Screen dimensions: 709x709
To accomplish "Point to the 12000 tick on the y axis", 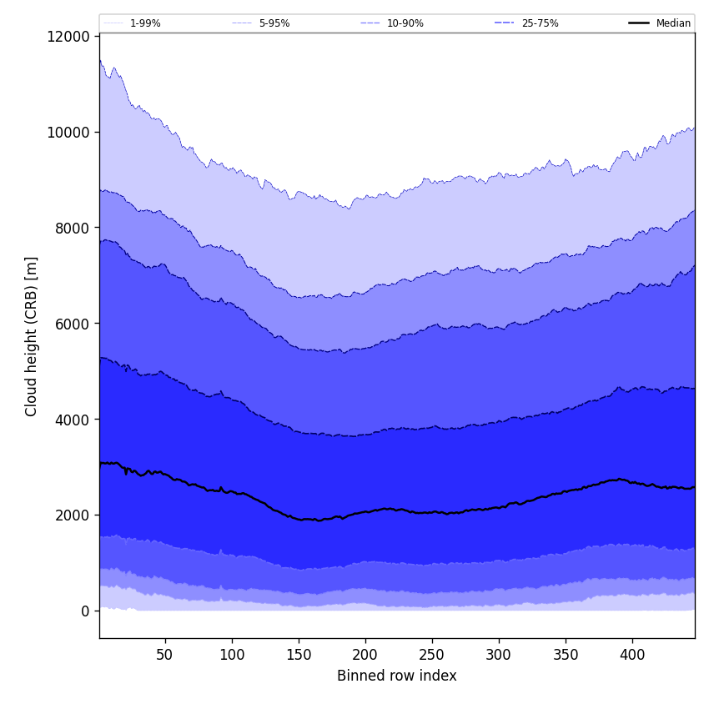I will click(70, 37).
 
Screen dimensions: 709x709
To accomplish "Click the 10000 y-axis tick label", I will click(70, 132).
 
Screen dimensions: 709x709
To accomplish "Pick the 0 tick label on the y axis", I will click(85, 611).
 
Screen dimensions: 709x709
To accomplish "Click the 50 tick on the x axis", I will click(164, 655).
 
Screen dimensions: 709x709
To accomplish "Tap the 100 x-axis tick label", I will click(232, 655).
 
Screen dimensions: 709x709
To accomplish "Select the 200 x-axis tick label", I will click(365, 655).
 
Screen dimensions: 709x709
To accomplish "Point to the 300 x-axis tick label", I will click(499, 655).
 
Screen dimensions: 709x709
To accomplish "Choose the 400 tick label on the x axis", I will click(632, 655).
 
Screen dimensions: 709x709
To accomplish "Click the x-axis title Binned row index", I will click(397, 676).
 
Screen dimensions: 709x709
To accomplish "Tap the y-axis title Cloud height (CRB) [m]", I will click(33, 336).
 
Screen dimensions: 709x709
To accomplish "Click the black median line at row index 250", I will click(432, 512).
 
